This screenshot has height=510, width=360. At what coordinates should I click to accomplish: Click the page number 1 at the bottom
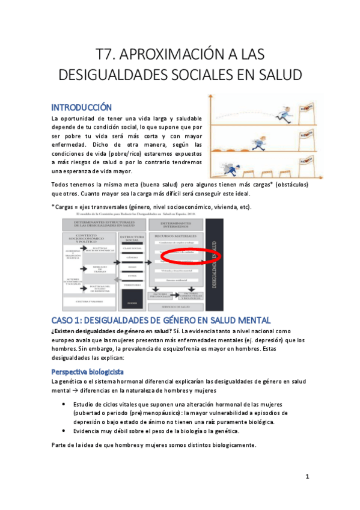pos(307,476)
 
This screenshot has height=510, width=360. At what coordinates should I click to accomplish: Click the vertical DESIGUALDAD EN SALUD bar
pos(214,265)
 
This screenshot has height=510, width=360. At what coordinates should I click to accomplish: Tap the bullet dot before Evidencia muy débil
pos(64,431)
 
